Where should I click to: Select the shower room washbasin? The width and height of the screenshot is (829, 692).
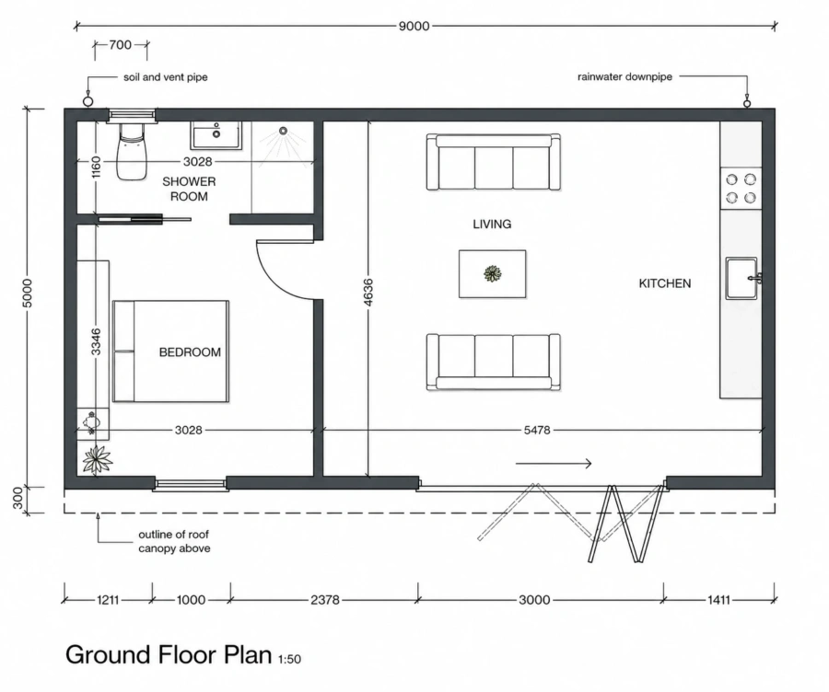tap(216, 135)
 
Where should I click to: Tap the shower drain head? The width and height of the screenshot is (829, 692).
tap(284, 131)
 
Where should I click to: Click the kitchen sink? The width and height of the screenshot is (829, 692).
tap(741, 279)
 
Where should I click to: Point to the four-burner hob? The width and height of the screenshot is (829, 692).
tap(741, 189)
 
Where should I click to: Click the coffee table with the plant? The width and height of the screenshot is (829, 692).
tap(492, 273)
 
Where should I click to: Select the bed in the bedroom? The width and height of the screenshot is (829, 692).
tap(170, 352)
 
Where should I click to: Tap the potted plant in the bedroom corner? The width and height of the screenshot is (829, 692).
tap(98, 458)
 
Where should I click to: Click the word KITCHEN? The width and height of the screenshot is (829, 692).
tap(664, 283)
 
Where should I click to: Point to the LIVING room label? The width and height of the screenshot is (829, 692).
tap(492, 224)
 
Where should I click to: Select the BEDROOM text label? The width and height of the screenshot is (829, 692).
tap(190, 352)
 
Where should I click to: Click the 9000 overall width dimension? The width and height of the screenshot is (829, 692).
tap(414, 26)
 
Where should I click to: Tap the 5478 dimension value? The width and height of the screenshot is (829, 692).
tap(537, 431)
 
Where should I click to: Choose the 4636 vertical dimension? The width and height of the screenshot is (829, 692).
tap(368, 292)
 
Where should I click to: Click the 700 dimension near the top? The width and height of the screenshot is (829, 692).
tap(121, 45)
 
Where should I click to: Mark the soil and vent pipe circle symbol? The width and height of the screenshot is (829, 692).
tap(88, 100)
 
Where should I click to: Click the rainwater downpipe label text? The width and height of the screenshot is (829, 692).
tap(625, 76)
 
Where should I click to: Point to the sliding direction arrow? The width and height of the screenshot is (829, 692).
tap(553, 464)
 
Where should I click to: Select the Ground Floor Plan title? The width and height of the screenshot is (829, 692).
tap(169, 654)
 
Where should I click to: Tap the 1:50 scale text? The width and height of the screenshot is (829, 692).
tap(289, 659)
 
